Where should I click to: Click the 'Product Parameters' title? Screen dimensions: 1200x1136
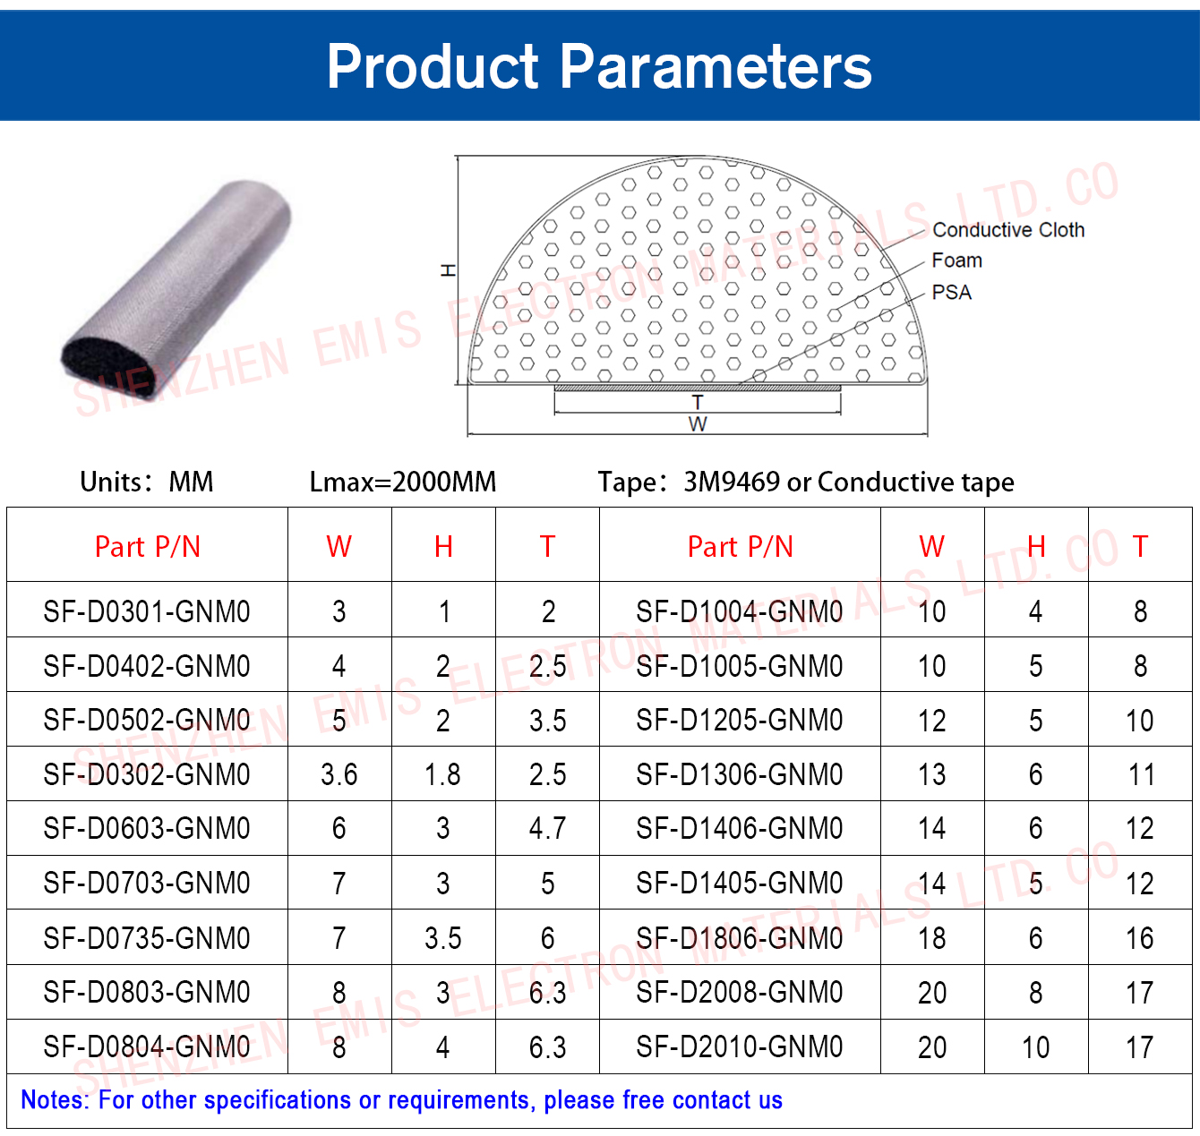599,67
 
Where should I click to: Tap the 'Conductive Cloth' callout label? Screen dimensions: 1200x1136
1008,229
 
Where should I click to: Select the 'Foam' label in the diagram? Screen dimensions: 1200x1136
956,261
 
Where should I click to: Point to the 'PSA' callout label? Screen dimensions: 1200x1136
951,293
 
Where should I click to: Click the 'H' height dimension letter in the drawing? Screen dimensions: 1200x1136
448,269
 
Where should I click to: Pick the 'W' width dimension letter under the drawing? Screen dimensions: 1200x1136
697,423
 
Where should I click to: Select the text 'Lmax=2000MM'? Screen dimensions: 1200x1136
403,482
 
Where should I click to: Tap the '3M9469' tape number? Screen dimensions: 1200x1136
732,482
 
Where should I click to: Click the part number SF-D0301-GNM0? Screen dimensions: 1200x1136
147,611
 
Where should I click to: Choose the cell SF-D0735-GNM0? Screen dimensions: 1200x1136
147,938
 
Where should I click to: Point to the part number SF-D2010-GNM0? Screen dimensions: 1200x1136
739,1046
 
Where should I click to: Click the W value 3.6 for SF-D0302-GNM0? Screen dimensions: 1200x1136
339,775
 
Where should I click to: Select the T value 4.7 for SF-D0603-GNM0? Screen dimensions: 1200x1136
547,829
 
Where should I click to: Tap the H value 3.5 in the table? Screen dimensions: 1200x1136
443,938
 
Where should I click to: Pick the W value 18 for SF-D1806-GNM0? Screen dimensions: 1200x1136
932,938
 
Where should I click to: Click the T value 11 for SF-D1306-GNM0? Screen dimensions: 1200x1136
1140,775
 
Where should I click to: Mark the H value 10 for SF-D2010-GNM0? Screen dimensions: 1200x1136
1036,1047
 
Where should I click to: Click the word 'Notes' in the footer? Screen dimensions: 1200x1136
51,1100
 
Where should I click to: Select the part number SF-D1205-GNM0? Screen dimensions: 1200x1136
739,721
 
